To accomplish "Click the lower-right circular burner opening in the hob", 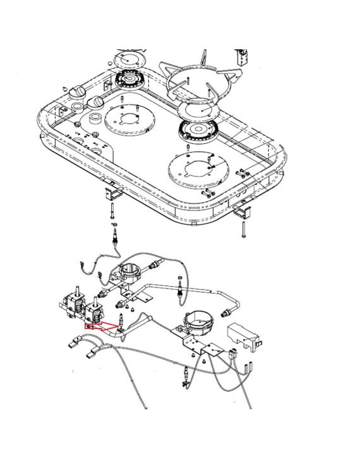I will [x=196, y=169].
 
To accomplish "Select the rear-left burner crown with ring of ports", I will [x=130, y=81].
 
